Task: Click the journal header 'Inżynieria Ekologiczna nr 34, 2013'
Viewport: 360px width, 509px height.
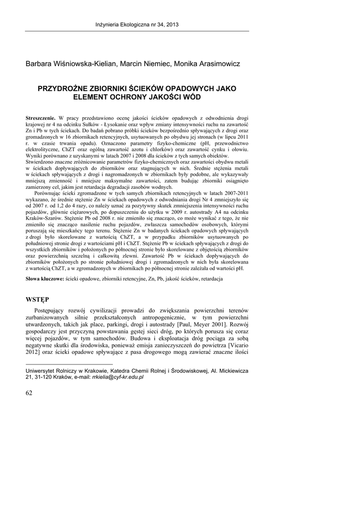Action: coord(137,24)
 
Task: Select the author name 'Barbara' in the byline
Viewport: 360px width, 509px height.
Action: coord(40,64)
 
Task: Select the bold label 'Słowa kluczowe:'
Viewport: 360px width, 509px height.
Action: coord(45,279)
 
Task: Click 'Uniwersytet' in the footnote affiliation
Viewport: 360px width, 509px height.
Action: coord(40,371)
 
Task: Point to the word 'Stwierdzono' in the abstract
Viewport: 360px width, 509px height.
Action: coord(42,161)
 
